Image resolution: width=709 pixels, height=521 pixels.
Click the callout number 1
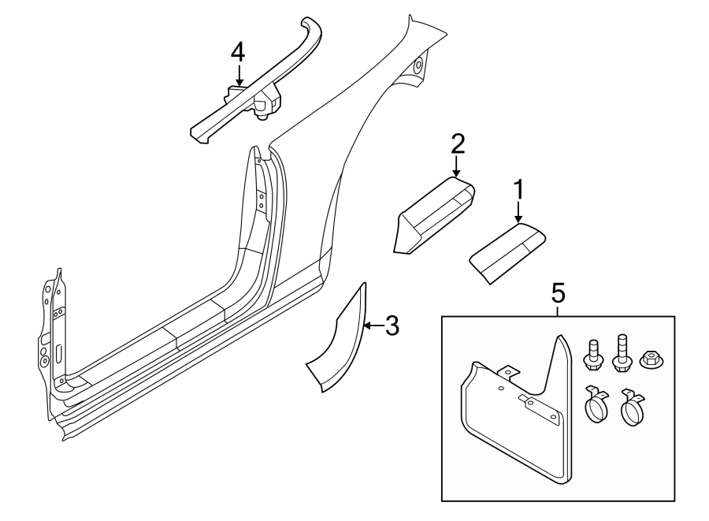tap(519, 190)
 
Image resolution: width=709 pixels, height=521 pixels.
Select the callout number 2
tap(457, 144)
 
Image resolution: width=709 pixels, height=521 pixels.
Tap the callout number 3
tap(392, 326)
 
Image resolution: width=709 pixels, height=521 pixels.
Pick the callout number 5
tap(559, 293)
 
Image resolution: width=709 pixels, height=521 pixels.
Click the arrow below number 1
tap(519, 212)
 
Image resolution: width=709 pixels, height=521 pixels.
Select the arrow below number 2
tap(457, 166)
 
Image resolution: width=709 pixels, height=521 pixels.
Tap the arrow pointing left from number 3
tap(373, 326)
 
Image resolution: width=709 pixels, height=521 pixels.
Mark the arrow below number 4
tap(238, 74)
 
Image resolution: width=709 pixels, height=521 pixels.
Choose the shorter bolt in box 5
tap(592, 355)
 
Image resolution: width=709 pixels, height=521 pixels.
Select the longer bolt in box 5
tap(621, 353)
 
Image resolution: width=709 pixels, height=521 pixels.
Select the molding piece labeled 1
tap(507, 253)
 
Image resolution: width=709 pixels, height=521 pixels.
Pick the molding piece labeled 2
tap(435, 215)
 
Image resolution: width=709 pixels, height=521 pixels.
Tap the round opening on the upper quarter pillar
tap(419, 64)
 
